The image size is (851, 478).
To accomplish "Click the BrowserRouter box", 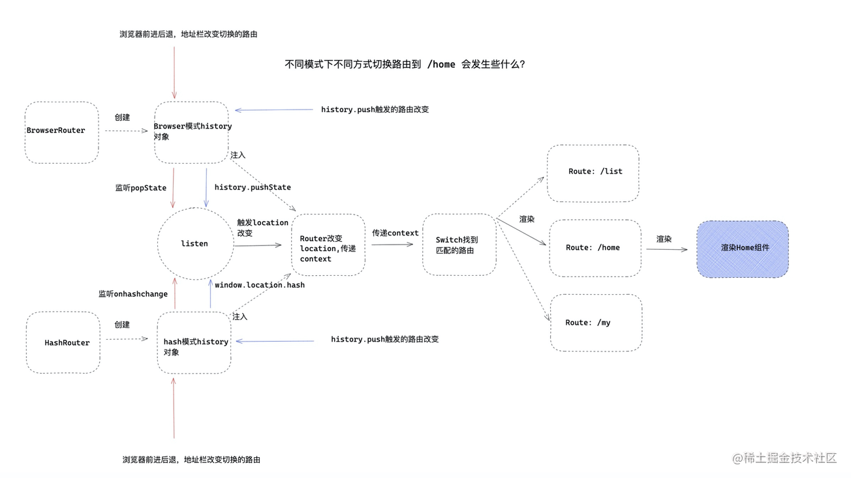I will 61,132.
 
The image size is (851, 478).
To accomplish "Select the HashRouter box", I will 63,342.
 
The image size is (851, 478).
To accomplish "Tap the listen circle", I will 195,244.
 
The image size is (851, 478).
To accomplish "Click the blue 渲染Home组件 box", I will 743,248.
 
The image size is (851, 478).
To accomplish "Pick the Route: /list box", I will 593,173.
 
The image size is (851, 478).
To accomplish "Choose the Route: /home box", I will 595,248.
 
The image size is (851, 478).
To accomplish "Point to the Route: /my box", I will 595,323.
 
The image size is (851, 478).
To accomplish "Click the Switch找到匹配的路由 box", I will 459,245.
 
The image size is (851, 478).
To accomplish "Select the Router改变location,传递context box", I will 328,245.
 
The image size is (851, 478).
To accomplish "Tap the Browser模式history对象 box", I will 192,132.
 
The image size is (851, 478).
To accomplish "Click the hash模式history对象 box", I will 194,342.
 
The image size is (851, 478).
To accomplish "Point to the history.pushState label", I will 253,188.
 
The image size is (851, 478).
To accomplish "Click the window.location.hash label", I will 260,285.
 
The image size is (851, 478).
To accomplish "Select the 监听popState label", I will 141,188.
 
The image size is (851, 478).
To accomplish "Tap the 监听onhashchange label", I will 133,294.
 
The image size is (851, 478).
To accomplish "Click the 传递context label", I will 395,233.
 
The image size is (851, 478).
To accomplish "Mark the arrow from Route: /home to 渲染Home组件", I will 666,249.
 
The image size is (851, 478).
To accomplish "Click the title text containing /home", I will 405,65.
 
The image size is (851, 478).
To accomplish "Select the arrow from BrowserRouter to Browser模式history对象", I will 127,131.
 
